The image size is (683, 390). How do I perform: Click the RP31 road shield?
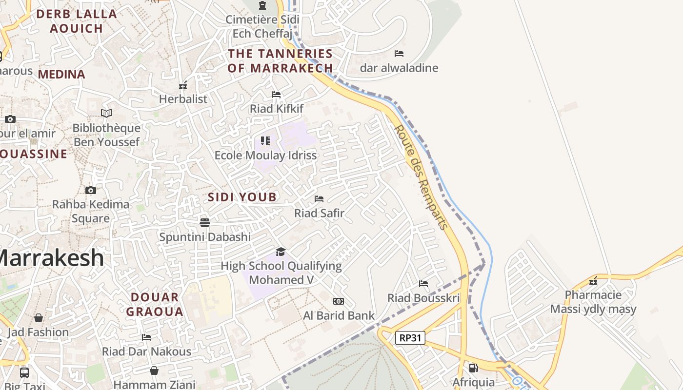click(x=410, y=338)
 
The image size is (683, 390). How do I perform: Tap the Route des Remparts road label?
click(x=421, y=177)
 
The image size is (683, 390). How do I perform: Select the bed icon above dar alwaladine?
click(x=399, y=53)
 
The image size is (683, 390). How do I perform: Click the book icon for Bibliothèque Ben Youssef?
click(x=106, y=113)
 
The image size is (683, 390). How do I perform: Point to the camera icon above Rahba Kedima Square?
click(x=90, y=190)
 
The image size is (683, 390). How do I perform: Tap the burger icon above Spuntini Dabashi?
click(x=205, y=222)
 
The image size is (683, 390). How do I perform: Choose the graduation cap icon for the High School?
click(x=281, y=252)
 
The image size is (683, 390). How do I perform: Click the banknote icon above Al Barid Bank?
click(x=339, y=301)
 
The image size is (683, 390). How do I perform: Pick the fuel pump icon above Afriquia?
click(x=473, y=368)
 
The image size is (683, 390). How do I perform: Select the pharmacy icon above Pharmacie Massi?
click(x=593, y=280)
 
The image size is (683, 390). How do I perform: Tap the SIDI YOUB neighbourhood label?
click(x=242, y=197)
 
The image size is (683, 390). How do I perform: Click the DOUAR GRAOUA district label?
click(x=155, y=304)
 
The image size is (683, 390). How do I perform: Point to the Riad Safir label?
click(x=319, y=213)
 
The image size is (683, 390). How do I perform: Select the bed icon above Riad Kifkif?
click(x=276, y=94)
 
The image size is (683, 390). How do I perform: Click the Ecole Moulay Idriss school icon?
click(x=265, y=141)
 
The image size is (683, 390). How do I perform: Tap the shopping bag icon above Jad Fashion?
click(x=38, y=318)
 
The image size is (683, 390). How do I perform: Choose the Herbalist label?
click(x=183, y=99)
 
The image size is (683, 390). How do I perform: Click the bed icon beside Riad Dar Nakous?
click(x=146, y=337)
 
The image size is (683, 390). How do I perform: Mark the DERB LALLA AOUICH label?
click(x=77, y=21)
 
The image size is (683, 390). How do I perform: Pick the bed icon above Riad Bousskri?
click(x=423, y=283)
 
